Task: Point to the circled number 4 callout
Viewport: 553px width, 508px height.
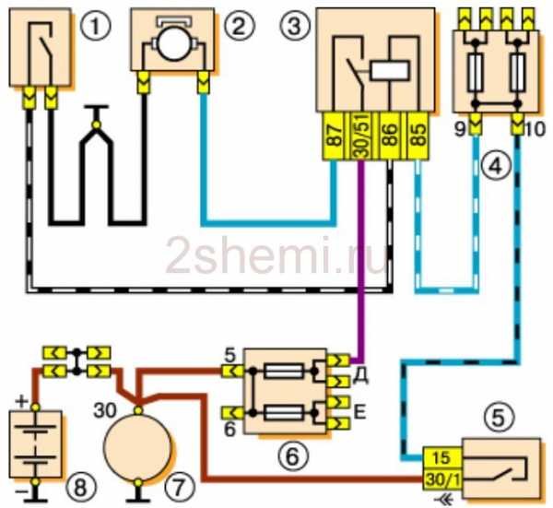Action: [x=497, y=167]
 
